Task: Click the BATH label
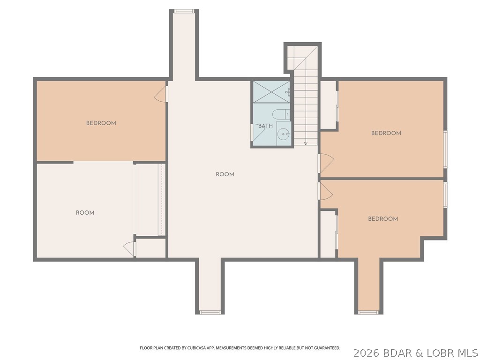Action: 265,126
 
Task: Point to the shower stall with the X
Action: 271,92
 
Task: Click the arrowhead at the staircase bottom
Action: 306,143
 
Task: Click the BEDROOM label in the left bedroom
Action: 101,123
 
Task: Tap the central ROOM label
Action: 225,174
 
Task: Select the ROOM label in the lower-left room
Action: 85,213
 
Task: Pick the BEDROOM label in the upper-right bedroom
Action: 386,133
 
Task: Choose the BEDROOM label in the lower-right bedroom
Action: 383,219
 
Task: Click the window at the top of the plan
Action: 184,11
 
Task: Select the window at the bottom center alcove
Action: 210,312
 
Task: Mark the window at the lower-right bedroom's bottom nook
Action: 368,312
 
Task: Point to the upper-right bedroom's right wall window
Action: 445,149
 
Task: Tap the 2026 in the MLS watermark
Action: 365,352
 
